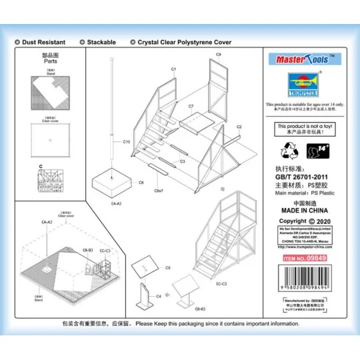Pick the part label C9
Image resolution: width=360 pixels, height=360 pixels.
tap(218, 55)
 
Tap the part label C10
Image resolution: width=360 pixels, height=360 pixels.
tap(127, 142)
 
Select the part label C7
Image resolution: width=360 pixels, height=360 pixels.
tap(191, 106)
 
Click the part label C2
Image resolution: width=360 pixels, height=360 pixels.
tap(239, 126)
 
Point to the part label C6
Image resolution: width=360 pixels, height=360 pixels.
tap(141, 182)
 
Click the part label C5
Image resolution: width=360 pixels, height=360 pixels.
tap(168, 268)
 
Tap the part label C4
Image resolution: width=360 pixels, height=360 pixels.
tap(159, 296)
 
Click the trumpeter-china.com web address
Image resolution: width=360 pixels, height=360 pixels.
tap(303, 246)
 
